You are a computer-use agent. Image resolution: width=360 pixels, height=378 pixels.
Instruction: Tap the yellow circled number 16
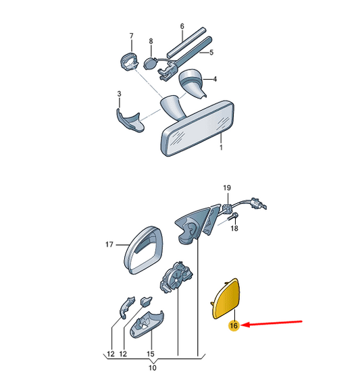click(234, 326)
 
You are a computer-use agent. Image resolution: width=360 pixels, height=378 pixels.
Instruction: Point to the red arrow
click(272, 323)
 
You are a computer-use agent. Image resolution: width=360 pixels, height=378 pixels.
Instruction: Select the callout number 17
click(109, 244)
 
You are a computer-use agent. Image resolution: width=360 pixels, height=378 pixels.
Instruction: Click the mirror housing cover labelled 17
click(143, 250)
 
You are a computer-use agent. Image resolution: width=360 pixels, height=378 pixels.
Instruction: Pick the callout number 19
click(227, 188)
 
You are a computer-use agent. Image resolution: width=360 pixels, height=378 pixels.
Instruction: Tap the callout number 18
click(234, 228)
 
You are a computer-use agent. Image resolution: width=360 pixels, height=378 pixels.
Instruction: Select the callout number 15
click(151, 354)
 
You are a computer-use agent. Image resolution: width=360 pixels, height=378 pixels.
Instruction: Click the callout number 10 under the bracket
click(152, 368)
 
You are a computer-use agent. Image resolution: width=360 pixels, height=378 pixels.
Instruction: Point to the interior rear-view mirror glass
click(198, 129)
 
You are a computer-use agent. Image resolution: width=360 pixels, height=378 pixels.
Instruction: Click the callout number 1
click(222, 147)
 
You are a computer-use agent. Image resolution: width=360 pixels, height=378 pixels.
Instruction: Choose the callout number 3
click(119, 94)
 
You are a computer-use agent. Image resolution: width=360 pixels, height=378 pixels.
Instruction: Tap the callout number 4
click(215, 79)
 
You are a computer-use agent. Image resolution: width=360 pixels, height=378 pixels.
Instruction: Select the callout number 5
click(211, 53)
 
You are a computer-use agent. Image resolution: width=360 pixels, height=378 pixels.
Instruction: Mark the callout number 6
click(182, 26)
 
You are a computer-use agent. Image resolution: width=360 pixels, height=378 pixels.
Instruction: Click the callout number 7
click(131, 36)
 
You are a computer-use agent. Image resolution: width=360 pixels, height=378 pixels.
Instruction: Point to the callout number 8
click(151, 41)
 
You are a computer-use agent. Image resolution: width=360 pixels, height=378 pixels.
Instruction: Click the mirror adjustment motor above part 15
click(176, 277)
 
